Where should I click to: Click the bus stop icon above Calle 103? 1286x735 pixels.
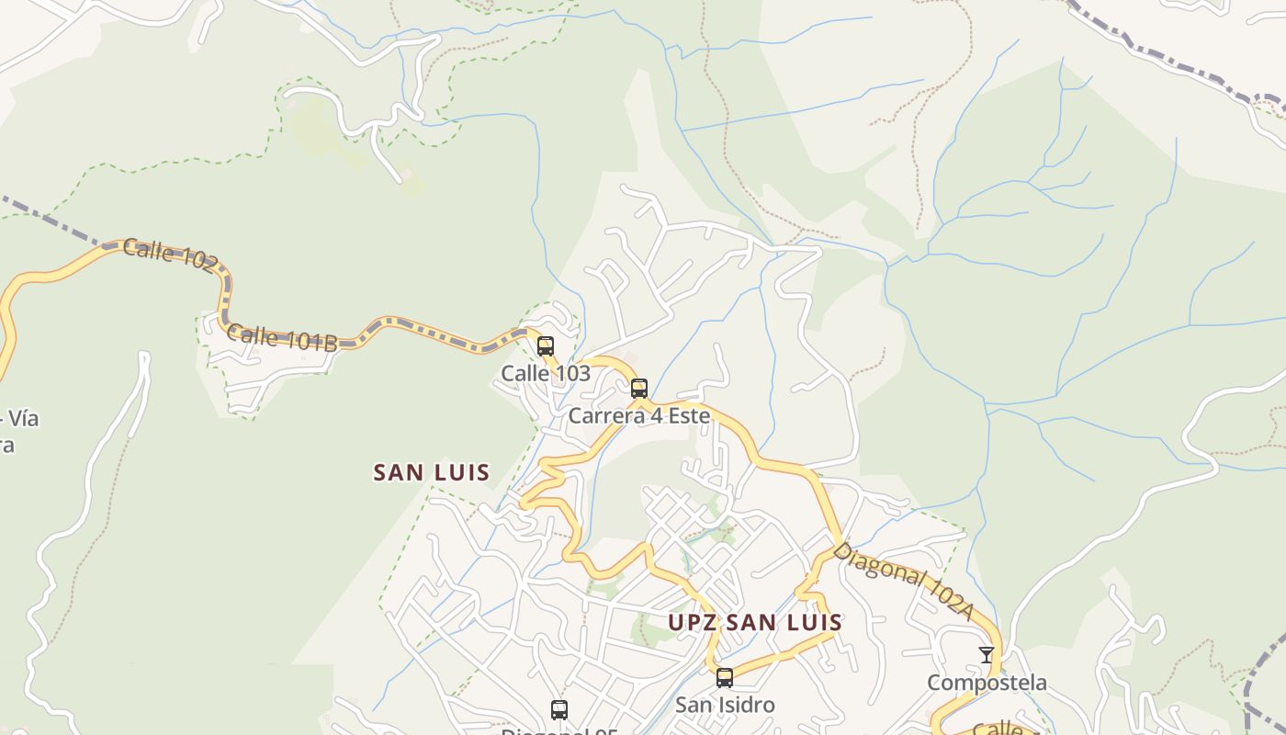[x=546, y=346]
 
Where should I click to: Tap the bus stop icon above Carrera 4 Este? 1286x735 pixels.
[x=639, y=389]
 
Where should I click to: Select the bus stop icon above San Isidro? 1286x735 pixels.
[x=725, y=678]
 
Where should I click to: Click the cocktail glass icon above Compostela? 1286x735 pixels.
[x=987, y=655]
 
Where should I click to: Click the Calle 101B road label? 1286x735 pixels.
[x=282, y=338]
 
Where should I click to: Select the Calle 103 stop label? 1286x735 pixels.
[x=546, y=373]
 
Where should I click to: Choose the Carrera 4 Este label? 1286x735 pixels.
[x=639, y=415]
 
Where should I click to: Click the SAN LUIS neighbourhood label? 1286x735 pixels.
[x=431, y=473]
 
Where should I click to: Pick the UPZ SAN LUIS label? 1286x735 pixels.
[x=755, y=622]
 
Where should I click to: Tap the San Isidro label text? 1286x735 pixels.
[x=725, y=705]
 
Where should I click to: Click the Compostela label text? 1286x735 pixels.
[x=987, y=683]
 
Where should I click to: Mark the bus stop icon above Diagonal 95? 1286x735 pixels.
[x=559, y=709]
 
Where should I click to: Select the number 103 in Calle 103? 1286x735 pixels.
[x=571, y=373]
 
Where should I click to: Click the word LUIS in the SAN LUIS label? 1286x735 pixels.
[x=460, y=473]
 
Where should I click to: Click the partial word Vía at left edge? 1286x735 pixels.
[x=22, y=419]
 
